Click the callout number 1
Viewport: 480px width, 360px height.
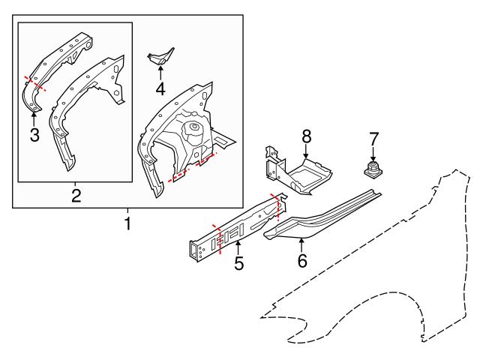(127, 223)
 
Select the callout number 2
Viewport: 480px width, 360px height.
(76, 196)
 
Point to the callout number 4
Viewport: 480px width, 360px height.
(160, 90)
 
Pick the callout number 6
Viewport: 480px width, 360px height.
(301, 261)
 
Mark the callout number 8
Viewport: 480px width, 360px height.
(306, 136)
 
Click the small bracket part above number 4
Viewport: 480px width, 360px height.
(160, 57)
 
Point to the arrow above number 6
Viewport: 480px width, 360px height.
(301, 244)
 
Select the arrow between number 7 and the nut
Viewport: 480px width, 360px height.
(373, 153)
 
